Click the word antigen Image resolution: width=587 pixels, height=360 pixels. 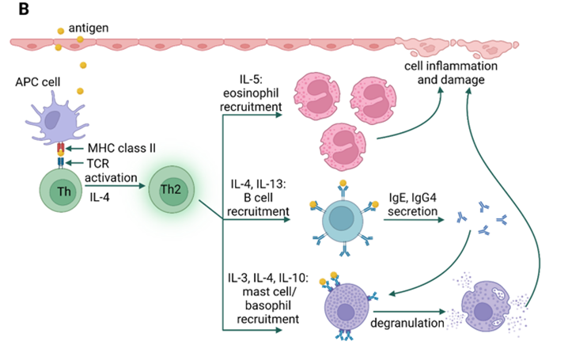coord(89,28)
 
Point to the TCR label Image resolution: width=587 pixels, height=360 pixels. coord(99,161)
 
